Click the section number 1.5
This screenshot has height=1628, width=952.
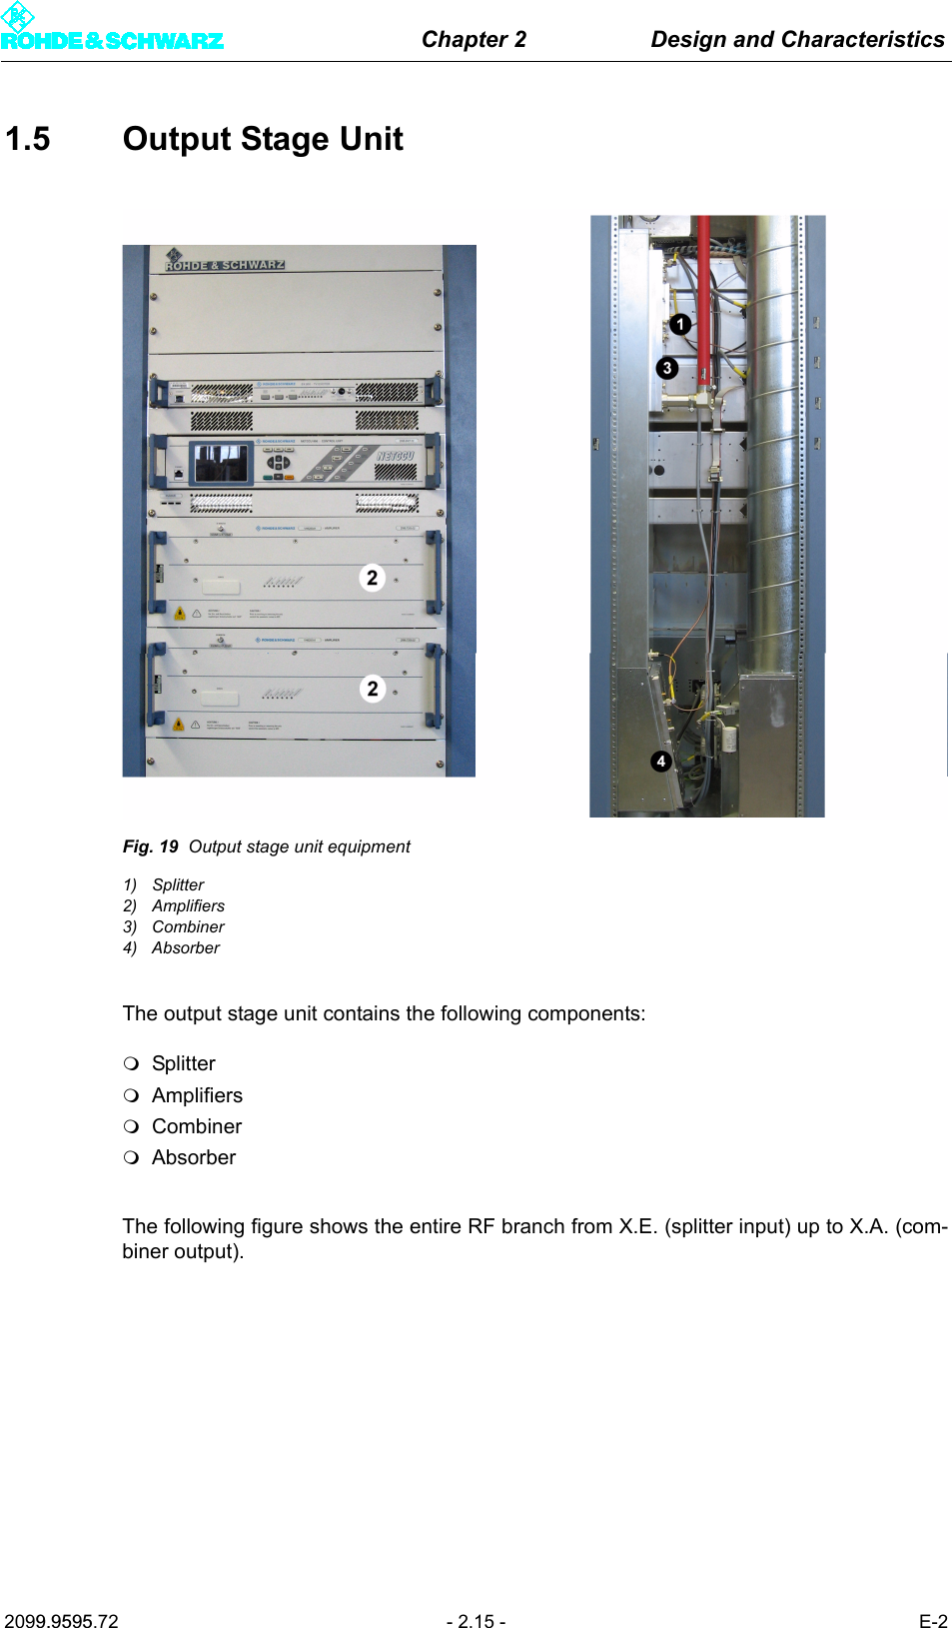pos(28,139)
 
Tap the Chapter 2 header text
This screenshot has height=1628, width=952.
pos(474,39)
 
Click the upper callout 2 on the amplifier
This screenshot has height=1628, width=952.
pos(372,578)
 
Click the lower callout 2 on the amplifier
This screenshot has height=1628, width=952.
pos(372,689)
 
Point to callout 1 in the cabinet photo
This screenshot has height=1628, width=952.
pos(680,324)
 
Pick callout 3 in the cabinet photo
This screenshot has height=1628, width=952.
pos(667,368)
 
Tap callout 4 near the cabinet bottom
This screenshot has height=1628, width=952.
pos(660,761)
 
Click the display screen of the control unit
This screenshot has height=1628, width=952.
pos(221,463)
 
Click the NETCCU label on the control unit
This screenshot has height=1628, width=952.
pos(395,456)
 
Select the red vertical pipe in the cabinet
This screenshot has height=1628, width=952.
pos(704,300)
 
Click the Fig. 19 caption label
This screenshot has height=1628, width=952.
pos(150,846)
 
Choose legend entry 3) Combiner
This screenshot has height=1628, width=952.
pos(174,926)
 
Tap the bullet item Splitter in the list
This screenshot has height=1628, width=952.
pos(183,1063)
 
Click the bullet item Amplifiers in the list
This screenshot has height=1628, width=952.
pos(197,1095)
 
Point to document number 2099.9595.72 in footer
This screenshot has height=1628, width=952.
pos(61,1621)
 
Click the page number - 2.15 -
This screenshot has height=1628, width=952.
pos(476,1621)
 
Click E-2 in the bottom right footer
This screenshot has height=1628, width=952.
pos(932,1621)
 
